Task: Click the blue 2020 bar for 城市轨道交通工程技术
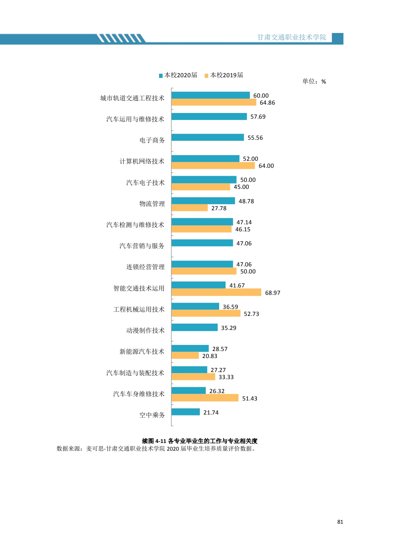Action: pyautogui.click(x=211, y=95)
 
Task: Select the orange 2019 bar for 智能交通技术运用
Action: pyautogui.click(x=216, y=292)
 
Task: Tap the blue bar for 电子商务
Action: pyautogui.click(x=208, y=137)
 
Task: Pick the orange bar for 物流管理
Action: pyautogui.click(x=190, y=208)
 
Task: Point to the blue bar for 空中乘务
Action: pyautogui.click(x=185, y=412)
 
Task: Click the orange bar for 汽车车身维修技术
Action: pyautogui.click(x=205, y=398)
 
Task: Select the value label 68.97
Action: pyautogui.click(x=272, y=293)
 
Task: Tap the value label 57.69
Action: pyautogui.click(x=258, y=117)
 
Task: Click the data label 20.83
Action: pyautogui.click(x=210, y=356)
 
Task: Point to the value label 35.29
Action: pyautogui.click(x=229, y=328)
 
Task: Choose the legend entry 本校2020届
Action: pyautogui.click(x=178, y=75)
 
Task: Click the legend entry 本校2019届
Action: pyautogui.click(x=224, y=75)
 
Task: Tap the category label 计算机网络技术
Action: pyautogui.click(x=142, y=161)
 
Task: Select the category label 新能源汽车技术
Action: pyautogui.click(x=142, y=352)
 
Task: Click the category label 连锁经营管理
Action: pyautogui.click(x=145, y=267)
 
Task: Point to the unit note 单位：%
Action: pyautogui.click(x=314, y=81)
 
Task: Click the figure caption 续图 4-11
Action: pyautogui.click(x=199, y=441)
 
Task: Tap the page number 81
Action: pyautogui.click(x=340, y=522)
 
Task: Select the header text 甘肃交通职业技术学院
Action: pyautogui.click(x=291, y=37)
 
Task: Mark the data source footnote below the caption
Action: pyautogui.click(x=156, y=449)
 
